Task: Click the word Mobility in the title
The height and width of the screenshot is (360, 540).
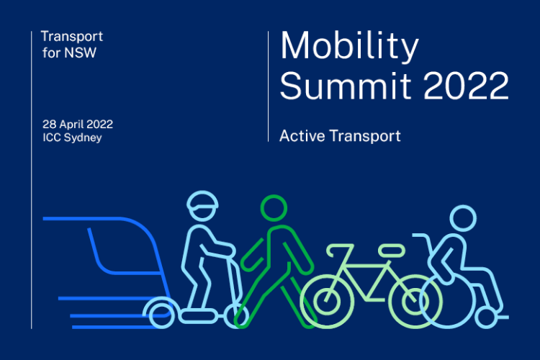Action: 349,47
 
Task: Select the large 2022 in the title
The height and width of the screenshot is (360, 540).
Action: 466,86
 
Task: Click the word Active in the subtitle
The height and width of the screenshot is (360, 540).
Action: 302,136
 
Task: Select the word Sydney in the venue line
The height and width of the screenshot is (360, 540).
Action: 83,138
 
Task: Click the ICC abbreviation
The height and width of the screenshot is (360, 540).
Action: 52,138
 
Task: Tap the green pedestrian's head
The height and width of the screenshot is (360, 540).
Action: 274,208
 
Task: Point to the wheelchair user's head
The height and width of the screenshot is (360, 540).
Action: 463,218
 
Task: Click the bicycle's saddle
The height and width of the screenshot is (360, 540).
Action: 392,251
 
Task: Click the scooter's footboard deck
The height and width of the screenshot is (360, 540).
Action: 198,315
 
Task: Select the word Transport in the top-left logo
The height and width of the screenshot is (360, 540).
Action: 72,37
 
